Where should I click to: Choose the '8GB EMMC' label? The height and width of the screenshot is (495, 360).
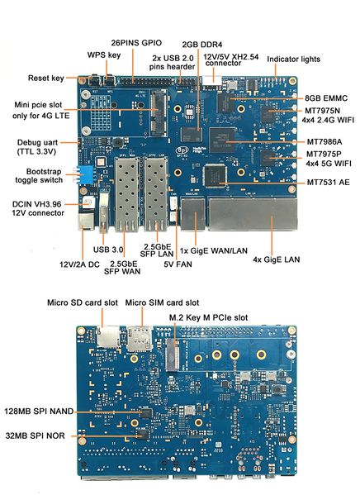tap(328, 97)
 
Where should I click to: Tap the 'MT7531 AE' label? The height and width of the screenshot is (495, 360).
tap(327, 182)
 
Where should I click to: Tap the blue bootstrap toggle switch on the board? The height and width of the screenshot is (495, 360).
tap(85, 174)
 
